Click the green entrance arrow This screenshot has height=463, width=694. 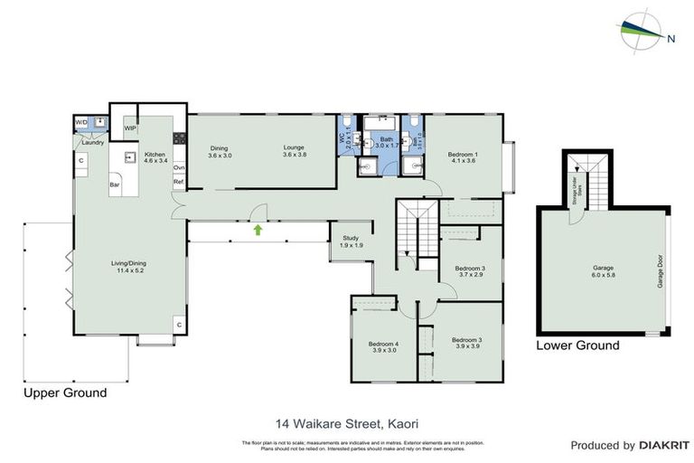click(258, 231)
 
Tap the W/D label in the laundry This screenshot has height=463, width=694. click(80, 121)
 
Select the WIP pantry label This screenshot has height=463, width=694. click(130, 128)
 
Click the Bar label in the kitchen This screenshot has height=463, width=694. click(116, 185)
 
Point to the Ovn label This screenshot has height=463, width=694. click(179, 167)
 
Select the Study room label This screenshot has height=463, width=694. click(351, 238)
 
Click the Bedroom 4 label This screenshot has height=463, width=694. click(383, 344)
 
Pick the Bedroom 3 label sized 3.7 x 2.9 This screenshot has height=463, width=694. click(470, 269)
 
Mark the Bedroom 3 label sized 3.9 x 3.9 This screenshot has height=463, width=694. click(467, 340)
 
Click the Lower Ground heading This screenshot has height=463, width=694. click(577, 345)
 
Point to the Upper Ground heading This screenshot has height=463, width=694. click(65, 392)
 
